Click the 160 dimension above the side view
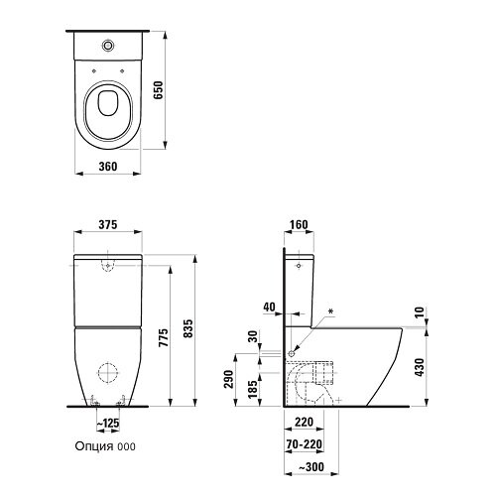[x=298, y=225]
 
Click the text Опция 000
[x=104, y=447]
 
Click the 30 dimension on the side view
[x=254, y=337]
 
